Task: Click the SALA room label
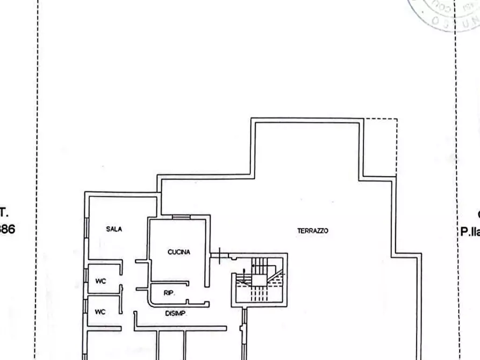[x=114, y=229]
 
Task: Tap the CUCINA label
[x=179, y=251]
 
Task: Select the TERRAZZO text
[x=312, y=231]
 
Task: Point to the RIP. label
[x=168, y=293]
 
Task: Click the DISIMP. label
[x=175, y=313]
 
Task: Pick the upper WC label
[x=101, y=281]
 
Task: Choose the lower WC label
[x=101, y=312]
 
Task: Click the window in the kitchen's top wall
[x=181, y=217]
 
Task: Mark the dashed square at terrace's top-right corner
[x=381, y=147]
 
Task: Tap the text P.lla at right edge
[x=469, y=232]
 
